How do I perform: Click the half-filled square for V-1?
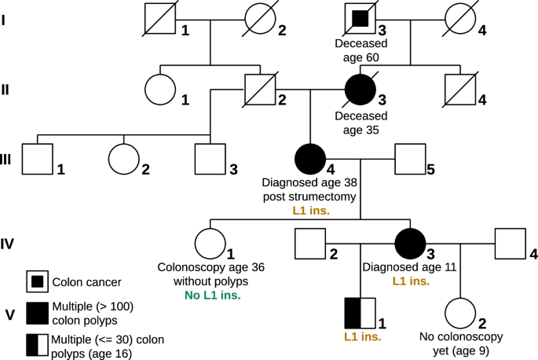(x=360, y=313)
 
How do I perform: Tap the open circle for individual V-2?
(x=460, y=313)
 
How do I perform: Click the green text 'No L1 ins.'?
(x=210, y=295)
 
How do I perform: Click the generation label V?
(x=9, y=314)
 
